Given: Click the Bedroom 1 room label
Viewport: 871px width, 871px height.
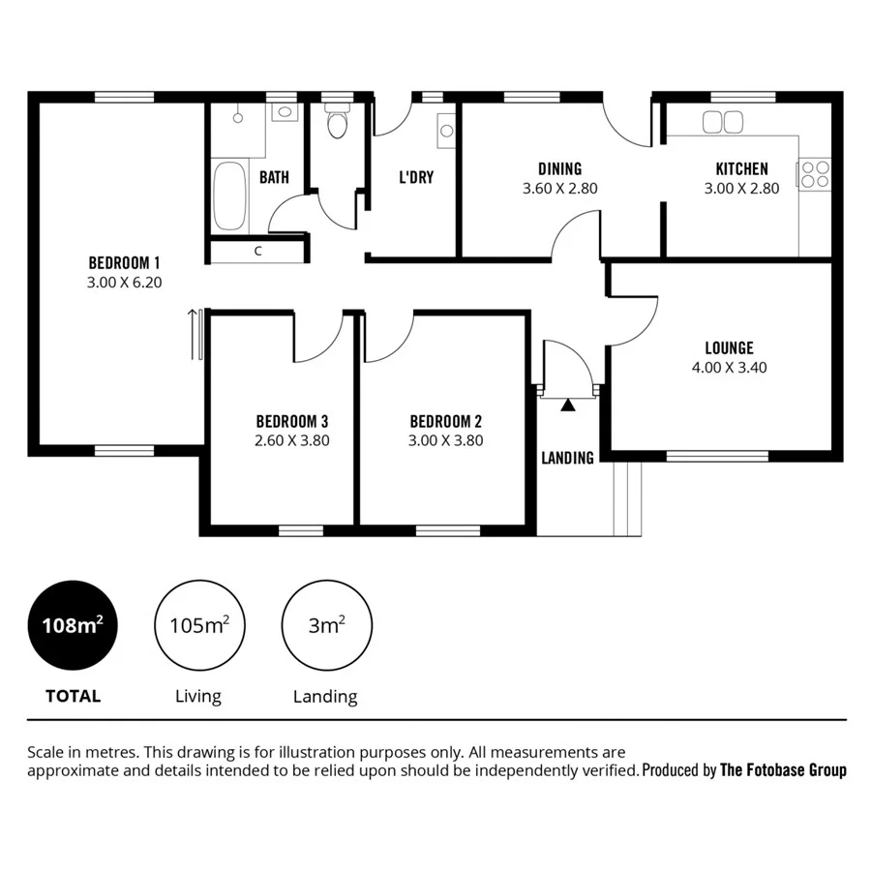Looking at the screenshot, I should (124, 262).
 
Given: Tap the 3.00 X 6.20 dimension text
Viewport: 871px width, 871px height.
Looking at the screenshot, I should (124, 283).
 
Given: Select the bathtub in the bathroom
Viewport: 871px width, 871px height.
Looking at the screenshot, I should (229, 196).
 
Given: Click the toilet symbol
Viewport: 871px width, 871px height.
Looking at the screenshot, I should (337, 124).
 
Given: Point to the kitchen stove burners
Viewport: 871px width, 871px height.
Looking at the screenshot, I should (816, 173).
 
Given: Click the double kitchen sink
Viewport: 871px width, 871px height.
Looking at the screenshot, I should (722, 122).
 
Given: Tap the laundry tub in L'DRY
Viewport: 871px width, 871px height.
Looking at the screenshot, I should (446, 128).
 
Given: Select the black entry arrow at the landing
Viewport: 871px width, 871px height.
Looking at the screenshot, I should (568, 405).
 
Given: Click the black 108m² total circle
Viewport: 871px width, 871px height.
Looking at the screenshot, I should (73, 625).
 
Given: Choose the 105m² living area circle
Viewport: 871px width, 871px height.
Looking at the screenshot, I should (198, 625).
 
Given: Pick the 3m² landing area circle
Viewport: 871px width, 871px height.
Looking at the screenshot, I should (325, 625).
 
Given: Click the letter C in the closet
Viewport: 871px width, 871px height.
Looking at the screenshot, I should (257, 252).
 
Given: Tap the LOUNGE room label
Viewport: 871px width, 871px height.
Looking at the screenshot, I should (729, 347).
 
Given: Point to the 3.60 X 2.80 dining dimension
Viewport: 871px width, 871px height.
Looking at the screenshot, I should (559, 189).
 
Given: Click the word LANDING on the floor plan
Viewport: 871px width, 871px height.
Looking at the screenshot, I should (567, 458).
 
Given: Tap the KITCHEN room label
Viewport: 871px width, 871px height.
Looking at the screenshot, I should (741, 168).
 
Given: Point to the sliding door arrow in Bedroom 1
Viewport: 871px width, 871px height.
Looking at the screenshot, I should (192, 334).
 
